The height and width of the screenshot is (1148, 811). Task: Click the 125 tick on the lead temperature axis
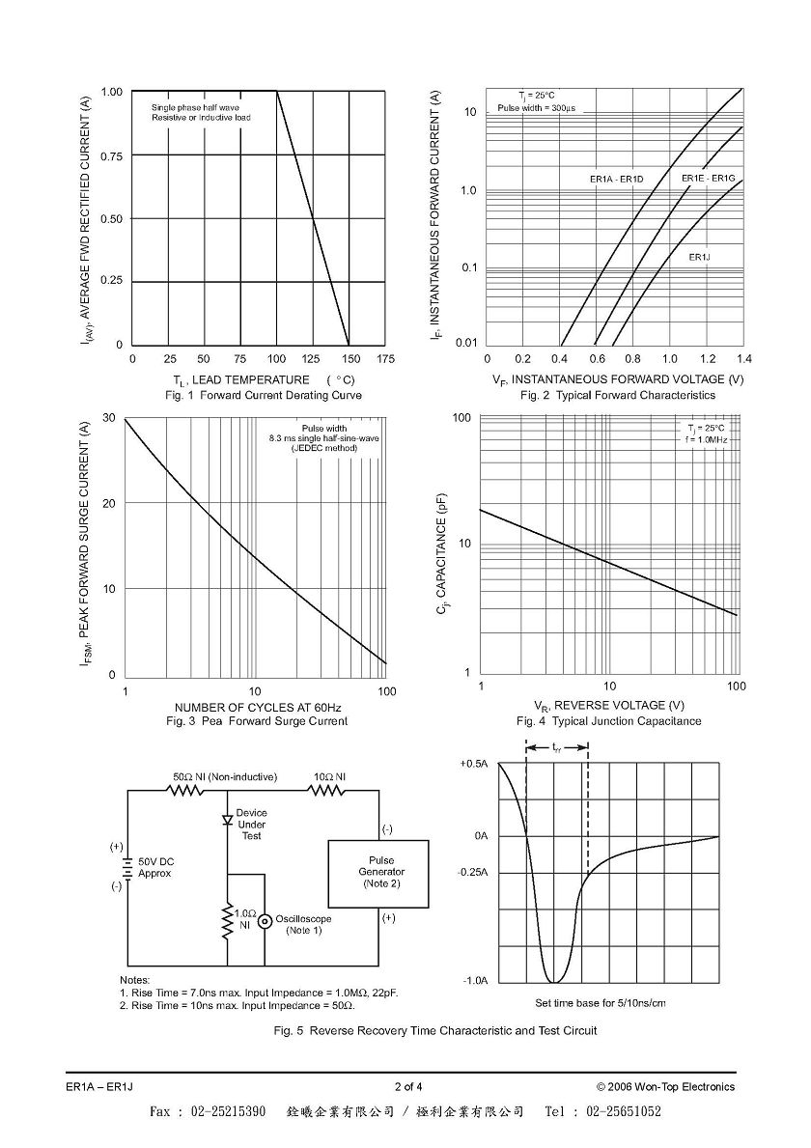[x=313, y=359]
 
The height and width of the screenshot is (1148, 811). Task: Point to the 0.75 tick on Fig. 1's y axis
[x=112, y=156]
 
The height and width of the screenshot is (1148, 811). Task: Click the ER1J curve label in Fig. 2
[x=700, y=257]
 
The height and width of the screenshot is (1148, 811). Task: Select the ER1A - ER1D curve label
[x=616, y=179]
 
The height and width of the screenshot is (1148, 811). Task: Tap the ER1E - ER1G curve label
[x=708, y=178]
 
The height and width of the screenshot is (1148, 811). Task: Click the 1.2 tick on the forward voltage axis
[x=708, y=359]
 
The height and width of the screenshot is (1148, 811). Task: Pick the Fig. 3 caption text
[x=256, y=721]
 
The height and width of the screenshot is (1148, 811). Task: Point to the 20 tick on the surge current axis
[x=109, y=503]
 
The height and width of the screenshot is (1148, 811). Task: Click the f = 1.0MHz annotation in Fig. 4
[x=706, y=439]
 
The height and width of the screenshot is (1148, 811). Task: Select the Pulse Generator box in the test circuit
[x=378, y=874]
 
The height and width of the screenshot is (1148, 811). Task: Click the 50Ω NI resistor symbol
[x=186, y=791]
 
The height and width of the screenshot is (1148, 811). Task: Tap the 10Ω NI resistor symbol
[x=325, y=791]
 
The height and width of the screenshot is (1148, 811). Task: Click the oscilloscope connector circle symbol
[x=265, y=920]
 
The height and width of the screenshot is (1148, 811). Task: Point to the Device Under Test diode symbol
[x=228, y=820]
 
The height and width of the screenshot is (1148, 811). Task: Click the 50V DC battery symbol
[x=128, y=868]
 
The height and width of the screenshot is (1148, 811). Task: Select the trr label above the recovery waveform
[x=557, y=747]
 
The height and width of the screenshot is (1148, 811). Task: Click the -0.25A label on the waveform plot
[x=473, y=873]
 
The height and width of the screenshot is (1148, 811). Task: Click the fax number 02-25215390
[x=229, y=1111]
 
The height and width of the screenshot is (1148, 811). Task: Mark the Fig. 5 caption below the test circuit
[x=434, y=1031]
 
